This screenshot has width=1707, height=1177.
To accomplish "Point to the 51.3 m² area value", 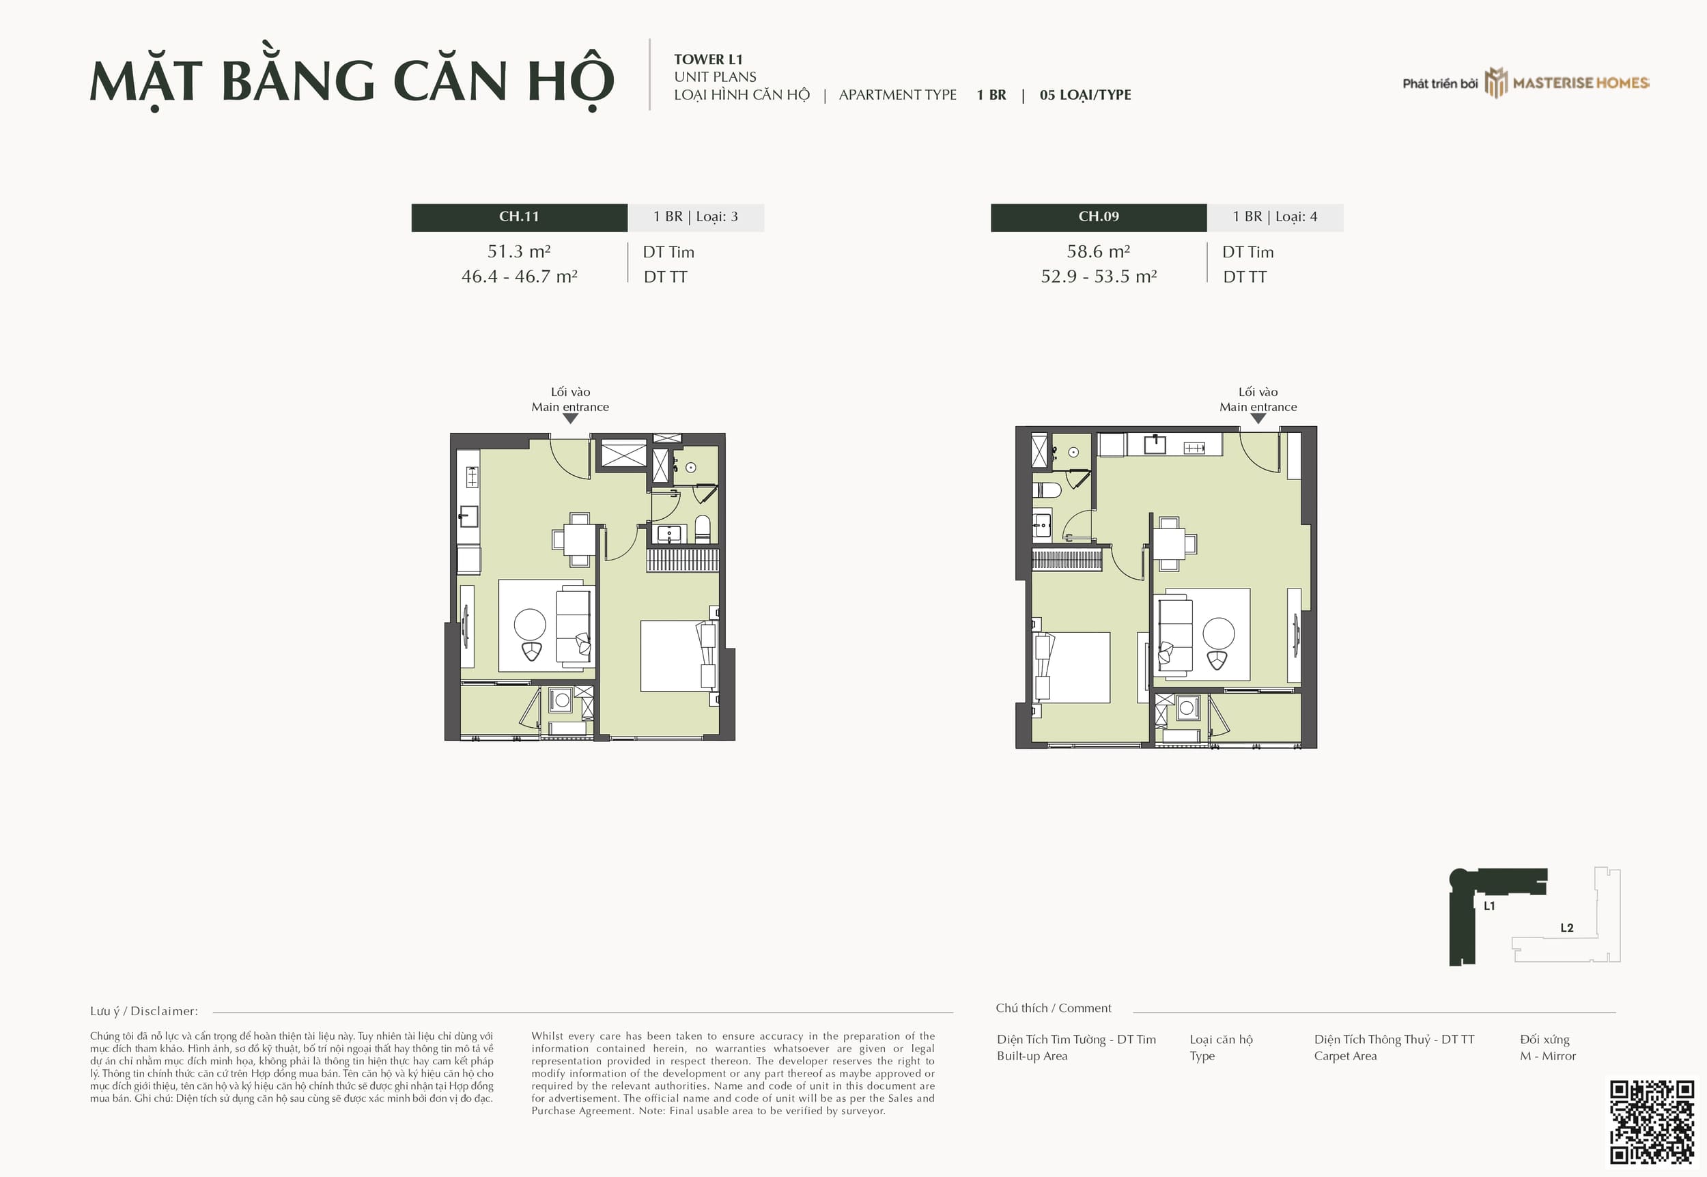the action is [x=519, y=251].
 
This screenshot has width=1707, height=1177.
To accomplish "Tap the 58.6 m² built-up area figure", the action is [x=1099, y=251].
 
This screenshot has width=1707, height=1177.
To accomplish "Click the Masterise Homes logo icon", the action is [x=1495, y=83].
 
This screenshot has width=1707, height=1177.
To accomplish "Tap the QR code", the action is [x=1652, y=1122].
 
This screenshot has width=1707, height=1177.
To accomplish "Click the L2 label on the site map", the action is [x=1567, y=928].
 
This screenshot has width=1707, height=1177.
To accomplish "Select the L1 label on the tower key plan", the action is [x=1489, y=905].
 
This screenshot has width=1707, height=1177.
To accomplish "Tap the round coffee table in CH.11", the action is [x=529, y=624].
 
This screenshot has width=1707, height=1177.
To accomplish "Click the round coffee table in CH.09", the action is [x=1218, y=633].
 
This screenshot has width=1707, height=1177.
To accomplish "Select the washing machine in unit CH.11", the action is [x=561, y=700].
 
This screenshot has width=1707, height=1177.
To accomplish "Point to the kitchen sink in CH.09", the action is [x=1155, y=444].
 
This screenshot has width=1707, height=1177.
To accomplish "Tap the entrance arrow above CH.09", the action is [x=1258, y=418].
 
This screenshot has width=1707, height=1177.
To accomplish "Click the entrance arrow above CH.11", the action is [x=570, y=418].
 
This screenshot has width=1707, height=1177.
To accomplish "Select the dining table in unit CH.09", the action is [x=1169, y=544].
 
